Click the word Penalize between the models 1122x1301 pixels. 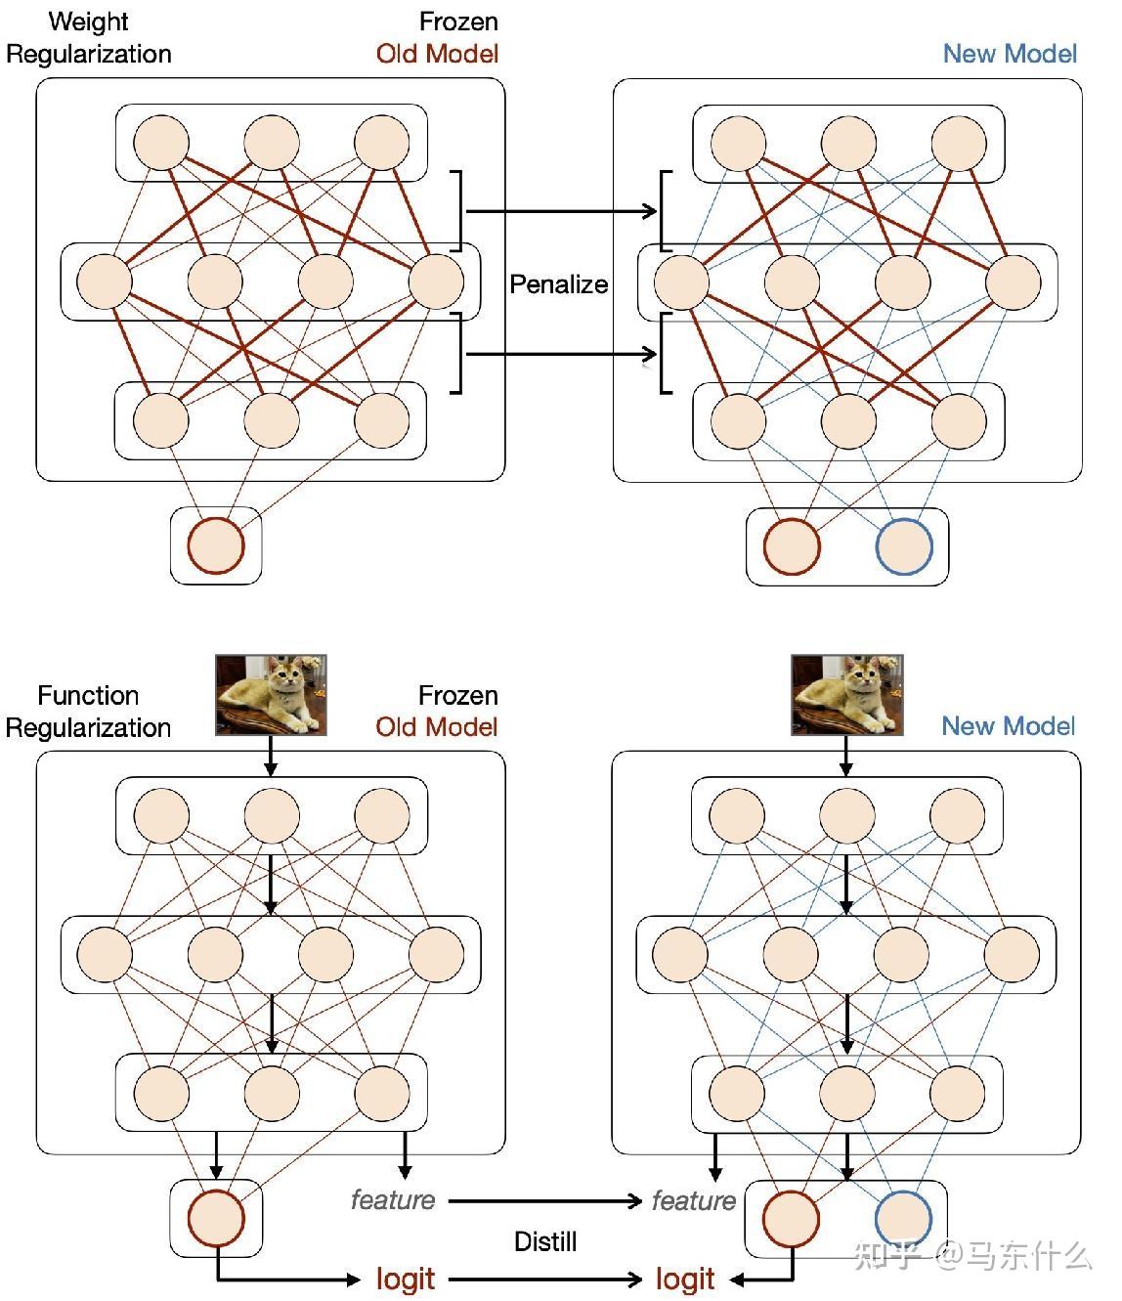pyautogui.click(x=558, y=284)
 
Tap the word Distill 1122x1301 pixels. pyautogui.click(x=545, y=1241)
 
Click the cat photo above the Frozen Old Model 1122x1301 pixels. pyautogui.click(x=271, y=695)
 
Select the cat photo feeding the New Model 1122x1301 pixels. pyautogui.click(x=846, y=695)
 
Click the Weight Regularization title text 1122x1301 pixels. pyautogui.click(x=89, y=38)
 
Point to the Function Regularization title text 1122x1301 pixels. pyautogui.click(x=88, y=712)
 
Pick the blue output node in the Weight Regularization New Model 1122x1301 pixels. pyautogui.click(x=904, y=546)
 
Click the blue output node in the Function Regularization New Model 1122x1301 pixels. pyautogui.click(x=903, y=1219)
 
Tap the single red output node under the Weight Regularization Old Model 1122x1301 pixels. pyautogui.click(x=215, y=545)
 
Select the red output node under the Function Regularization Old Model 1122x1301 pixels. pyautogui.click(x=215, y=1218)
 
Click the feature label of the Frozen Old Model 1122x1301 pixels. pyautogui.click(x=393, y=1199)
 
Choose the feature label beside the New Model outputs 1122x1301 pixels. pyautogui.click(x=694, y=1199)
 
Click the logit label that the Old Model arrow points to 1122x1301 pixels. pyautogui.click(x=406, y=1279)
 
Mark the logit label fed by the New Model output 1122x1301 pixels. pyautogui.click(x=685, y=1279)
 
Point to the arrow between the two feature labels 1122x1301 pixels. pyautogui.click(x=544, y=1200)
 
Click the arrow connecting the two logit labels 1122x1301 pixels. pyautogui.click(x=544, y=1279)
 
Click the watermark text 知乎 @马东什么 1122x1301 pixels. pyautogui.click(x=972, y=1255)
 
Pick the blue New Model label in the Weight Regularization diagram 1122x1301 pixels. pyautogui.click(x=1010, y=54)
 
